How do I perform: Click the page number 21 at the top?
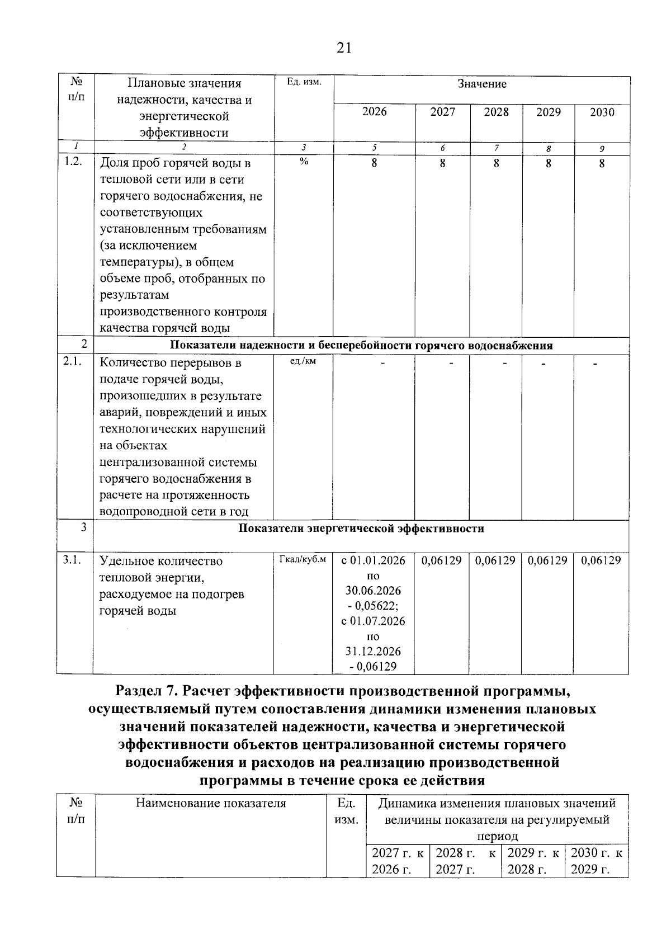point(344,48)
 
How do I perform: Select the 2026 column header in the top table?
point(374,112)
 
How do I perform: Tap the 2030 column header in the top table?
point(602,112)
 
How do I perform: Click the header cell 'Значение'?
point(481,84)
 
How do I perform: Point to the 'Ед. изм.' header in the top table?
point(304,82)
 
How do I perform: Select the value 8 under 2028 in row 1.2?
point(496,164)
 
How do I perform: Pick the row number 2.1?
point(73,362)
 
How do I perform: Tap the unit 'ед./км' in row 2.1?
point(303,361)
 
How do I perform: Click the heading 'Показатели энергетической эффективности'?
point(361,529)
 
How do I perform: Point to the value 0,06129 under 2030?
point(601,560)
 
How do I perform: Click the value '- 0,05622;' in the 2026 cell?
point(374,606)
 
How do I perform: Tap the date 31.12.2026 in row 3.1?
point(374,651)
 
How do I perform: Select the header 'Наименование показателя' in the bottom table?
point(211,804)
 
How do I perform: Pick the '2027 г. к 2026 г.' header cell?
point(398,861)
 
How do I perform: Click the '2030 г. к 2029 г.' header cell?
point(597,861)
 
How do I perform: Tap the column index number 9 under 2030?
point(602,149)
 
